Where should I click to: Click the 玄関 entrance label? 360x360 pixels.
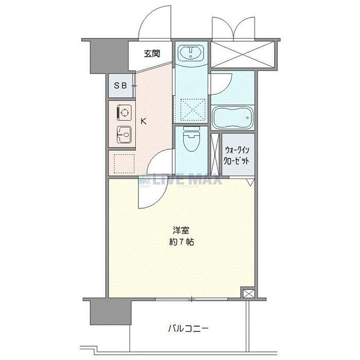coord(152,53)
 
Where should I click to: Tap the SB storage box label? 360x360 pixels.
coord(120,86)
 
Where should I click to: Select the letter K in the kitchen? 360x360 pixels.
coord(143,121)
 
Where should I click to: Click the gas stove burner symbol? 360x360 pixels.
coord(124,113)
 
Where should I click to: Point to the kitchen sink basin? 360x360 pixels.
coord(124,134)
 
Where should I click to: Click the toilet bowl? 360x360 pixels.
coord(191,140)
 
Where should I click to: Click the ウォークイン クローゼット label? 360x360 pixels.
coord(237,156)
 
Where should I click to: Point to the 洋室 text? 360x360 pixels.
coord(181,230)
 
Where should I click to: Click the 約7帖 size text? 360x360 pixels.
coord(182,242)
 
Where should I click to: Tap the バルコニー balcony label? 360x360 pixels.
coord(188,329)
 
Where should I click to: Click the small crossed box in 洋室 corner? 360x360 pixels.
coord(249,294)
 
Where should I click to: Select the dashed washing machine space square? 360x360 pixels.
coord(193,110)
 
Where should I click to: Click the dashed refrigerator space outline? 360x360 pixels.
coord(124,164)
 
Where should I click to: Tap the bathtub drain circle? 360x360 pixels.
coord(247,118)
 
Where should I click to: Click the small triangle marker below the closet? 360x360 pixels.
coord(250,182)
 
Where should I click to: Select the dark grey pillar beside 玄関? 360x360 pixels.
coord(109,57)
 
